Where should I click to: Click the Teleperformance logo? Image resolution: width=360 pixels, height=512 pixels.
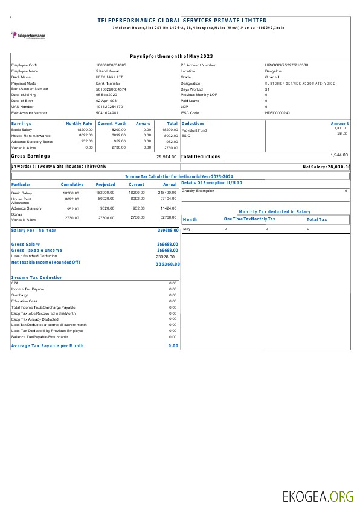coord(28,36)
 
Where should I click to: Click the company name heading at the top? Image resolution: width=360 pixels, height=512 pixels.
coord(182,21)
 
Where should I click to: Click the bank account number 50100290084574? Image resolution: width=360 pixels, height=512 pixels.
coord(111,89)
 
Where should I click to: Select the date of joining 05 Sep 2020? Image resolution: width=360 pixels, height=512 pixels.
coord(107,95)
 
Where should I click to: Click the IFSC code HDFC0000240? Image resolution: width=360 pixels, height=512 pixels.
coord(277,112)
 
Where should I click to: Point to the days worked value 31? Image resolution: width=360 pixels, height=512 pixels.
coord(266,89)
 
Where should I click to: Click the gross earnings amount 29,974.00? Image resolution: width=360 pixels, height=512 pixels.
coord(166,156)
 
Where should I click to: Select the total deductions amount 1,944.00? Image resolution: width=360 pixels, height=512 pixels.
coord(339,155)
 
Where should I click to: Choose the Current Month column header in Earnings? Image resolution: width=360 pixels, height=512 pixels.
coord(112,123)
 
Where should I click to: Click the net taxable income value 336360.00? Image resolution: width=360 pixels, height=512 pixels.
coord(167,264)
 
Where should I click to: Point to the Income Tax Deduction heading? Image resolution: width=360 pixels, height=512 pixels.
coord(37,277)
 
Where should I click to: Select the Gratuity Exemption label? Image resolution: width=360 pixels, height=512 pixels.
coord(198,191)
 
